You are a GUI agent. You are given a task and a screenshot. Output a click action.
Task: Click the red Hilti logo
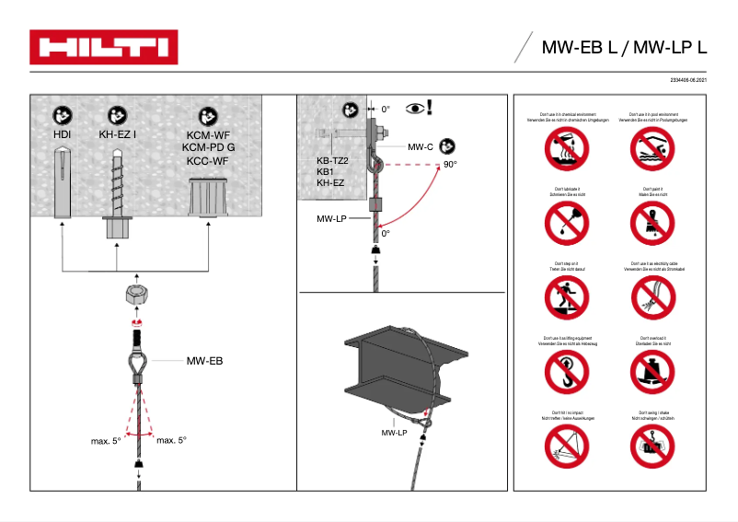[104, 47]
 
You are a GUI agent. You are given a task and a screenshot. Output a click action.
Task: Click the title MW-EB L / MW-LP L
[624, 47]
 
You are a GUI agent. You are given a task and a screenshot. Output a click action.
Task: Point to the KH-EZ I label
[118, 134]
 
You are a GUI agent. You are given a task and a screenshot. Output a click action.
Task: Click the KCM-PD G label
[208, 146]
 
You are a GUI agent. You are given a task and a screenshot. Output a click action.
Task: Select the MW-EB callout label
[204, 362]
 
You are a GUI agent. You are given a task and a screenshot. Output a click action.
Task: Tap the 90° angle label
[450, 165]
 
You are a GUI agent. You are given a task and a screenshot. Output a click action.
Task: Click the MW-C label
[421, 146]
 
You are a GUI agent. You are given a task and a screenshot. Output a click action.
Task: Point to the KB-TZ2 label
[331, 160]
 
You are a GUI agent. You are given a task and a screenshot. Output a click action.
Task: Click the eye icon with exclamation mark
[418, 109]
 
